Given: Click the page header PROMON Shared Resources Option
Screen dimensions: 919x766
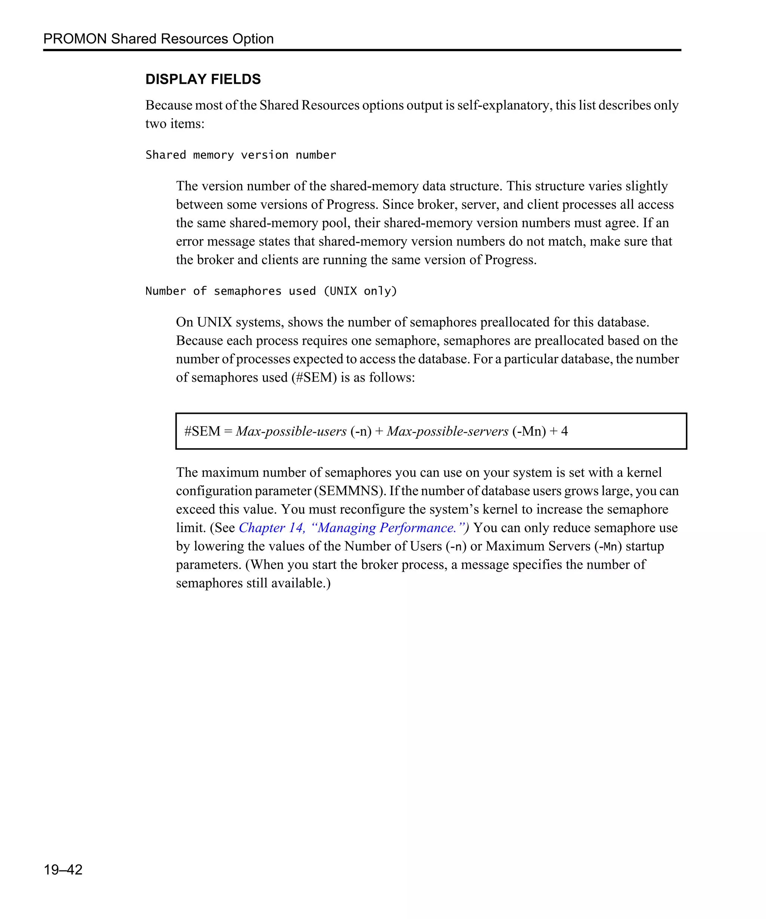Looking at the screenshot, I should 159,39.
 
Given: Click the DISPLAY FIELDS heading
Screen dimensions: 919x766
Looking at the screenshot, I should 203,79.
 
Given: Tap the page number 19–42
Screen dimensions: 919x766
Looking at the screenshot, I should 63,870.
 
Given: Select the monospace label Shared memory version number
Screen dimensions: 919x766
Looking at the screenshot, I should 241,155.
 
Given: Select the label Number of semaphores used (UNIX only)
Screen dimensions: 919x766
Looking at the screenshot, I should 271,291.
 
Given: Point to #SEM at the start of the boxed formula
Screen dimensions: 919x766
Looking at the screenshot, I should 202,431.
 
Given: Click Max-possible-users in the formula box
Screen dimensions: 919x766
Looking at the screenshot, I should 291,431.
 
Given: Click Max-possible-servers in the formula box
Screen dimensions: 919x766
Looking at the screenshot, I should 447,431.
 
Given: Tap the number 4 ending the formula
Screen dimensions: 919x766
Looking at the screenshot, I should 565,431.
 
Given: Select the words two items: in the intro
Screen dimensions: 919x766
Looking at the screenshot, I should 175,124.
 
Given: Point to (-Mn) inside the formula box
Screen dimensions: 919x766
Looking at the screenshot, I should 529,431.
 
